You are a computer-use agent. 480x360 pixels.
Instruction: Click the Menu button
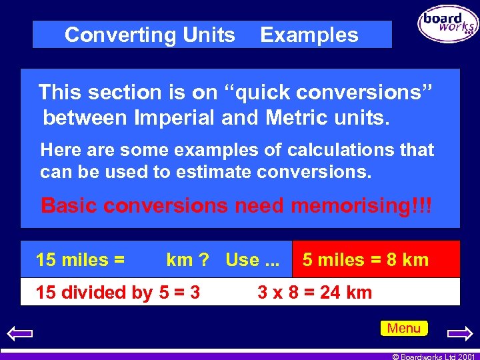[x=404, y=328]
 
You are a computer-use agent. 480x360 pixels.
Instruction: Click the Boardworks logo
[x=448, y=24]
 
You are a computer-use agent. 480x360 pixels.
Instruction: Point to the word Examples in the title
[x=309, y=35]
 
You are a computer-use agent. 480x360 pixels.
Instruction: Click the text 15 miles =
[x=80, y=259]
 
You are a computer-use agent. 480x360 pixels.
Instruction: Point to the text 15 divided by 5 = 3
[x=117, y=292]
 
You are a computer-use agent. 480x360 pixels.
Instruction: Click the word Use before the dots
[x=242, y=259]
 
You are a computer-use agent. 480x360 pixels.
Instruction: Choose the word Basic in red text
[x=68, y=205]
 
